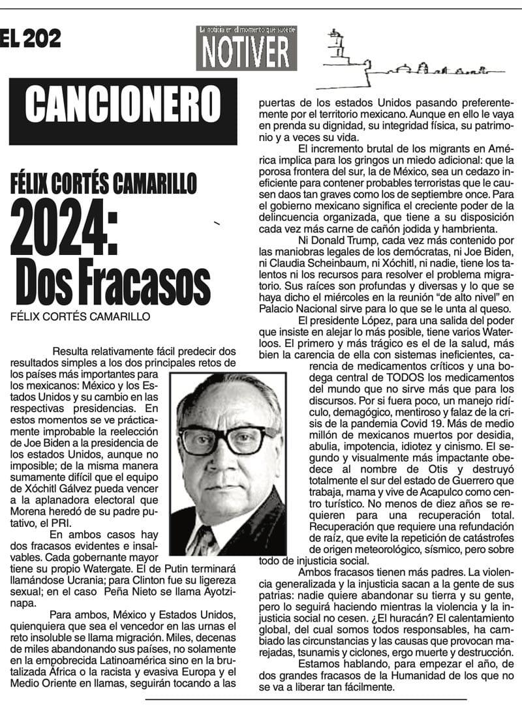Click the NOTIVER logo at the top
point(246,48)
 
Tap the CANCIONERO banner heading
point(123,104)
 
